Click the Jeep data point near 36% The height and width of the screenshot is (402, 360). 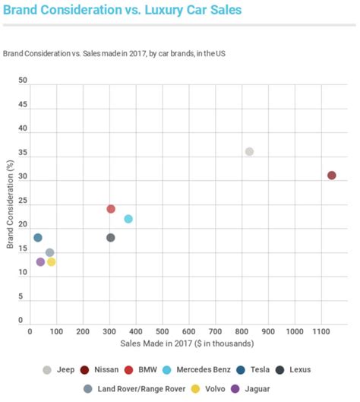pos(249,152)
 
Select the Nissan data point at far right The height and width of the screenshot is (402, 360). pos(331,176)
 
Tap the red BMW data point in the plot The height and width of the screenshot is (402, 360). pos(111,209)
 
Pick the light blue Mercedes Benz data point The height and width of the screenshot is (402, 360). pos(128,219)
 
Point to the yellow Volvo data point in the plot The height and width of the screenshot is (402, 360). pos(52,262)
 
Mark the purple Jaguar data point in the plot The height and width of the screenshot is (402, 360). pos(40,262)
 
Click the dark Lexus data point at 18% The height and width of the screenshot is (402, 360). pos(111,238)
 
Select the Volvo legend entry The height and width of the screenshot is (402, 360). pos(211,389)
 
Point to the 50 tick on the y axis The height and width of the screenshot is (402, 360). pos(23,80)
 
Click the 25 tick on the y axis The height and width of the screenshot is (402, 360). pos(23,201)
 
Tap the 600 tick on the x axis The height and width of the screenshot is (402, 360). pos(188,333)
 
